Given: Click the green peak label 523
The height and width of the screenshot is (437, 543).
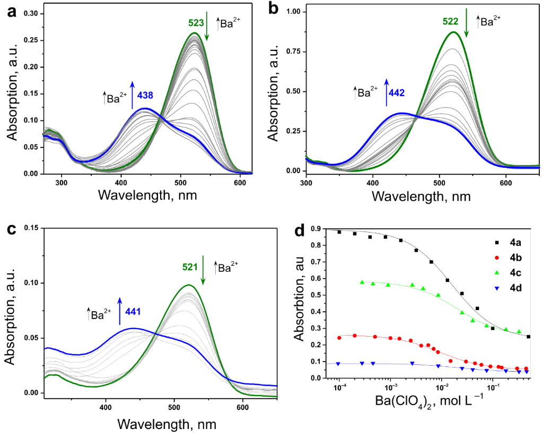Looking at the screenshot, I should [x=196, y=23].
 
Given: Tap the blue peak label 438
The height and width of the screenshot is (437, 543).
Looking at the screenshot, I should [x=146, y=96].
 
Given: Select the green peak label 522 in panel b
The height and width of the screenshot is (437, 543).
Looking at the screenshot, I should [x=451, y=22].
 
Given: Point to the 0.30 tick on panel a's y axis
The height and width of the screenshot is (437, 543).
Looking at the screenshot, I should [x=31, y=13].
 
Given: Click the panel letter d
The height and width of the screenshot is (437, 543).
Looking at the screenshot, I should [x=300, y=232].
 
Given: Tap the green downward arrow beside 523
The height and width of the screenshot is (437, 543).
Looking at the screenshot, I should [x=207, y=29].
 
